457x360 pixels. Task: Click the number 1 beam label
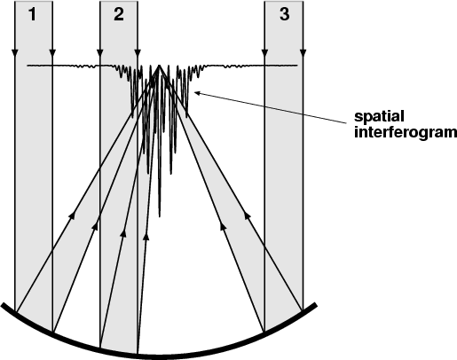pos(33,14)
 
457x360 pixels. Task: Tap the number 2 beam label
pos(119,14)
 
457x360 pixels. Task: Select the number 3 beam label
pos(284,14)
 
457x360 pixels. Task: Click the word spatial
pos(379,117)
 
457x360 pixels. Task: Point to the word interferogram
pos(406,132)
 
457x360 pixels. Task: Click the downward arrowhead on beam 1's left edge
pos(15,53)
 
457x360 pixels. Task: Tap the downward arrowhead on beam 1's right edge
pos(52,53)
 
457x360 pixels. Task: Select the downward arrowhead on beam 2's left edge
pos(100,53)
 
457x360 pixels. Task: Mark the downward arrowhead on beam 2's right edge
pos(138,53)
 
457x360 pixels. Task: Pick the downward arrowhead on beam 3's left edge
pos(264,53)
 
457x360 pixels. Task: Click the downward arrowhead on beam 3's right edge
pos(303,53)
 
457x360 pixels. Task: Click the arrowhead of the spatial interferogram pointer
pos(197,93)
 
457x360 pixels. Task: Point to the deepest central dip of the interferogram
pos(160,216)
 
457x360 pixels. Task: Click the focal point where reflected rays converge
pos(159,66)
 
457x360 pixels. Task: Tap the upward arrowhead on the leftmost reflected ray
pos(72,215)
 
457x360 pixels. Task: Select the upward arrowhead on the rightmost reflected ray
pos(248,215)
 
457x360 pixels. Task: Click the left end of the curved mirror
pos(3,305)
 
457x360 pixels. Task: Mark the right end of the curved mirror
pos(315,305)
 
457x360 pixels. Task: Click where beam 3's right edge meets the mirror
pos(303,309)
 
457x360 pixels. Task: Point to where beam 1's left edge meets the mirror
pos(15,312)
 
